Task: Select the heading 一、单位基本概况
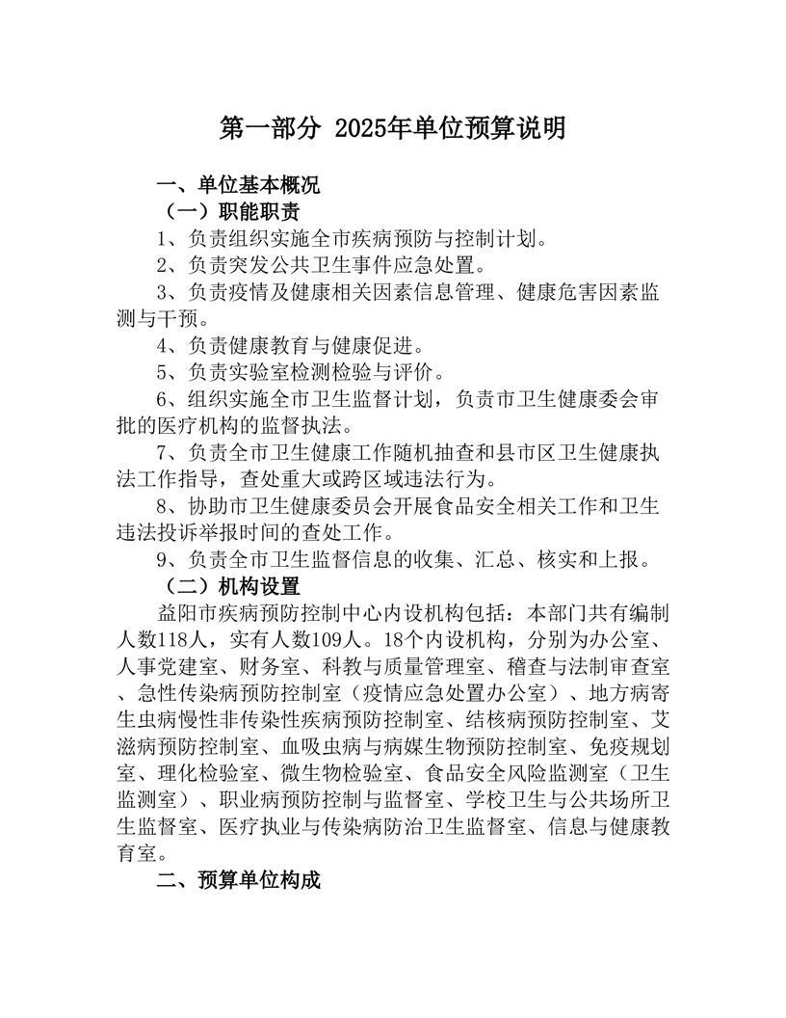(x=238, y=186)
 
